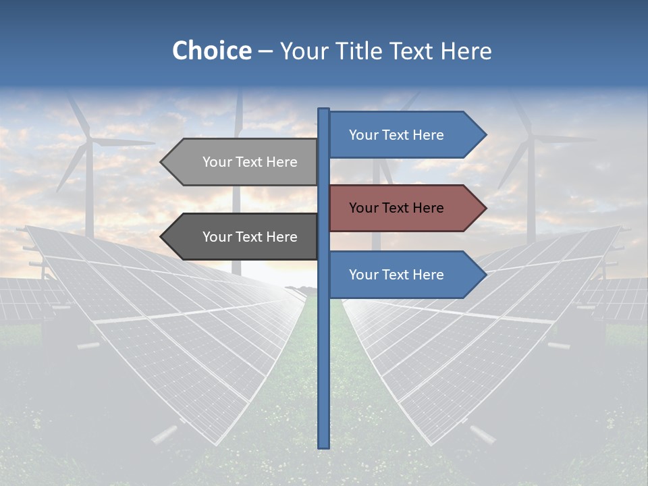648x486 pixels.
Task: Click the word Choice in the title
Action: pyautogui.click(x=211, y=51)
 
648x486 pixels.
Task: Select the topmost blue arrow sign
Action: pyautogui.click(x=398, y=135)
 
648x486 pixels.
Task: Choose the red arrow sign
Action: pyautogui.click(x=398, y=208)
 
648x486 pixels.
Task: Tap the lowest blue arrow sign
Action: pyautogui.click(x=398, y=275)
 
